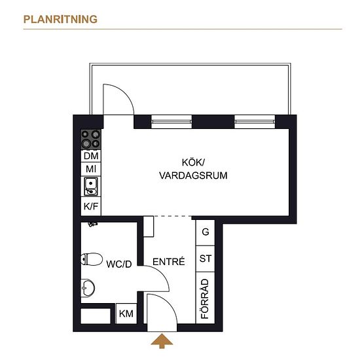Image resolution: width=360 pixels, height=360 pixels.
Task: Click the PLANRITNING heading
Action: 60,19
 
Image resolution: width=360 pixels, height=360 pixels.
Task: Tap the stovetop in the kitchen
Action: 91,139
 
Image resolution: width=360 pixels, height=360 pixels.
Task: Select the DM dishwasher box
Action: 91,156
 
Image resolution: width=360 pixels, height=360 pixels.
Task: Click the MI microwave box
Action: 91,169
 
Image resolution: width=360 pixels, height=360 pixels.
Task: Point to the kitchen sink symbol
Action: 91,187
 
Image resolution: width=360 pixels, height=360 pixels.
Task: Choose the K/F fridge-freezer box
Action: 91,206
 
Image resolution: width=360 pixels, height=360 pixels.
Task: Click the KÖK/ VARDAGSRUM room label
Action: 193,169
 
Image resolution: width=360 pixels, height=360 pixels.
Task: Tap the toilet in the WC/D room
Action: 92,259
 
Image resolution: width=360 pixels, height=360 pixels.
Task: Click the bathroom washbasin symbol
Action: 88,287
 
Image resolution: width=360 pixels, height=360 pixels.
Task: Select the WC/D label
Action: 119,264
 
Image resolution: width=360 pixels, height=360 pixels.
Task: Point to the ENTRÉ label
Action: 168,262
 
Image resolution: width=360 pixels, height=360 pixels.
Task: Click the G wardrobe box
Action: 206,232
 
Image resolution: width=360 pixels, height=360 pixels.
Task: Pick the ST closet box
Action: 206,259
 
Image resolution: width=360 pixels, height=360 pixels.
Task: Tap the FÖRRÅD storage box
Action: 206,298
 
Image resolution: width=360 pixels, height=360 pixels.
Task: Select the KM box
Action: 126,314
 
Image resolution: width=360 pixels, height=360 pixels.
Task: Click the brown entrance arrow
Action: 162,341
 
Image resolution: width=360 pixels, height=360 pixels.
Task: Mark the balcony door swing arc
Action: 124,93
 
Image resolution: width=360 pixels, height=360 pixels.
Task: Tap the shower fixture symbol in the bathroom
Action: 93,224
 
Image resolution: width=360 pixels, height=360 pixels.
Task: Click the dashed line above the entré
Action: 172,216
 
